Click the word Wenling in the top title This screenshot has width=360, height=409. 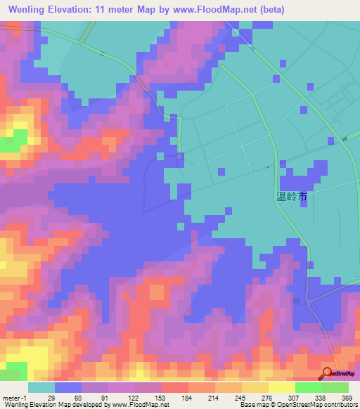point(30,9)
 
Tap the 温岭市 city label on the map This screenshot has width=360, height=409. point(291,197)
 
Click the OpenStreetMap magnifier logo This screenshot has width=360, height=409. point(328,373)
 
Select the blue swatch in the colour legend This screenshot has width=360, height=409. point(67,387)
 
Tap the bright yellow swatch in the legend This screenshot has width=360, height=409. point(281,387)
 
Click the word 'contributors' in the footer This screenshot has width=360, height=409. point(339,405)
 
